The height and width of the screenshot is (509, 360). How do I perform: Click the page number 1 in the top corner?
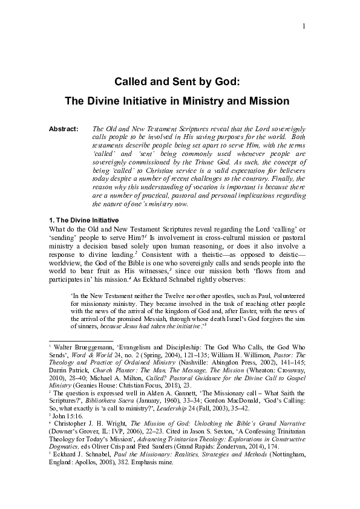pos(303,26)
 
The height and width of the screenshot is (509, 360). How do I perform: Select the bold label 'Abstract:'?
pos(64,129)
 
